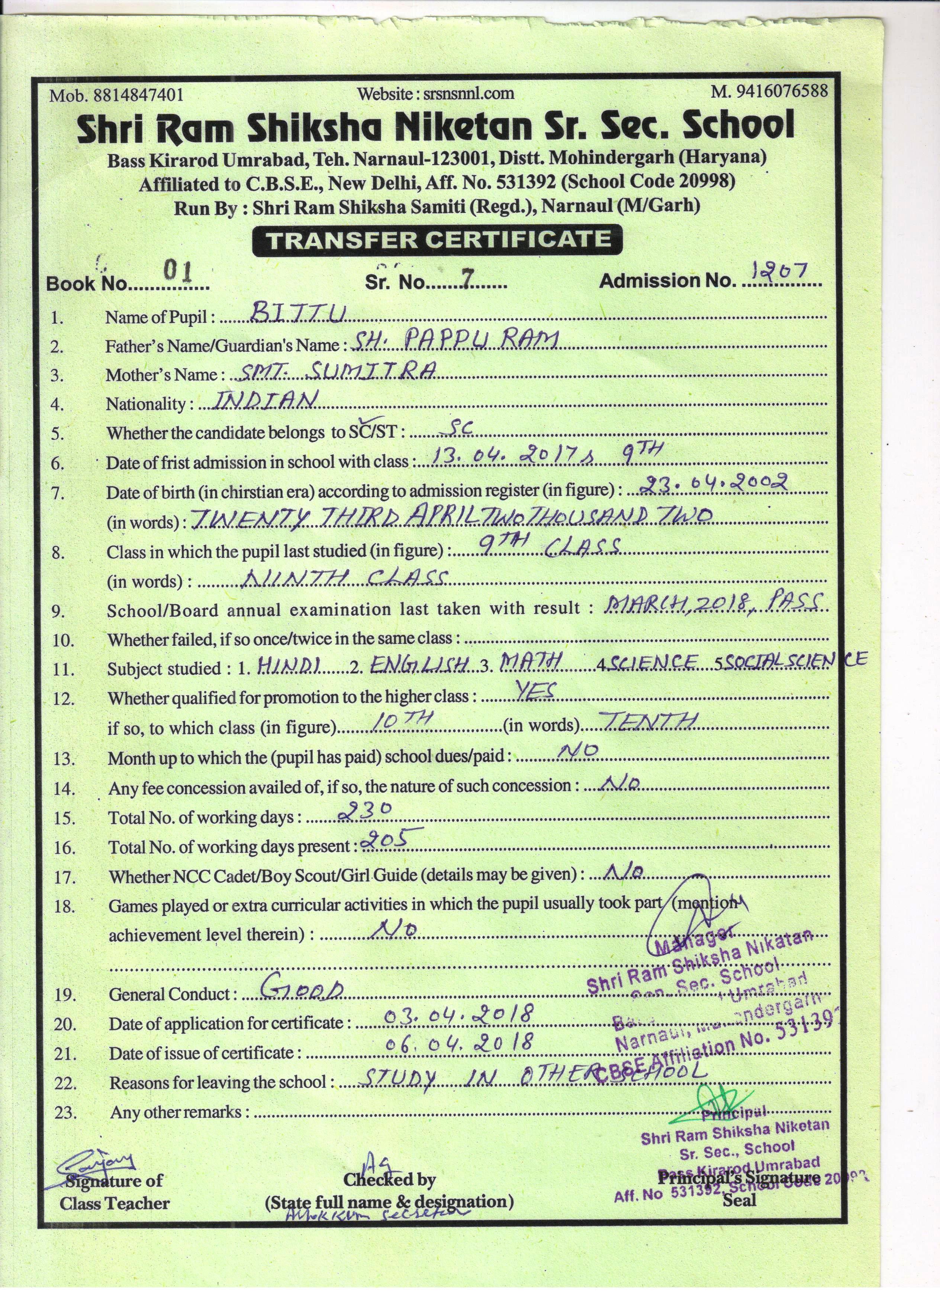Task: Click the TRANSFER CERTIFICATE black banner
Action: click(x=437, y=240)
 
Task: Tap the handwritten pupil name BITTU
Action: click(x=299, y=314)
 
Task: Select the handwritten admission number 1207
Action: click(x=780, y=271)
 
